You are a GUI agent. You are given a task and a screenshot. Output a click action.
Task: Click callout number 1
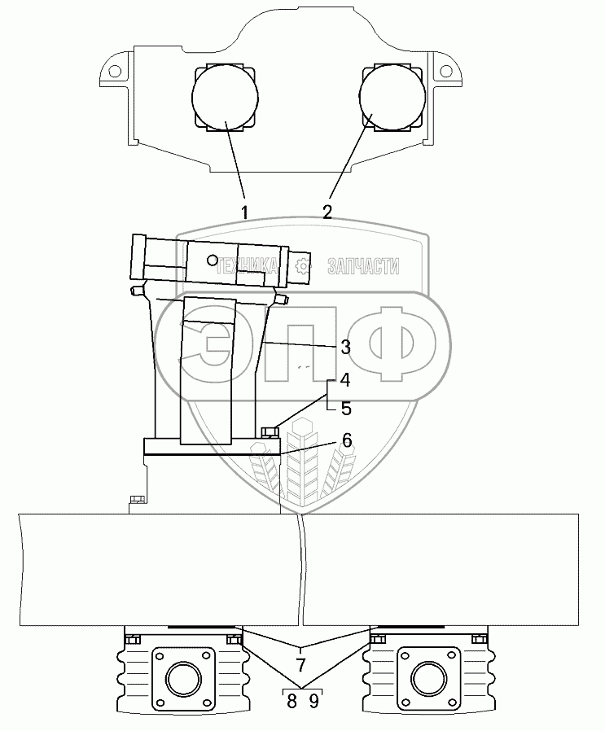click(243, 212)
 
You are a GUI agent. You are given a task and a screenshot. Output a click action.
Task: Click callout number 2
click(327, 212)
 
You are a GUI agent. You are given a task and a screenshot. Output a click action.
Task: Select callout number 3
click(345, 347)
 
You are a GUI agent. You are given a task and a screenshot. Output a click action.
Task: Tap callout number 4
click(345, 379)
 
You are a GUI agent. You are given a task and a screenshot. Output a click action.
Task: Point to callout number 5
click(345, 408)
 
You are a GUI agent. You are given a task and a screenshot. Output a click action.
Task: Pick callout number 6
click(346, 440)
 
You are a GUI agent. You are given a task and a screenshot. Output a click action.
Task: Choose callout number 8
click(292, 700)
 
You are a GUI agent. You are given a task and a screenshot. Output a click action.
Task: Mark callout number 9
click(313, 700)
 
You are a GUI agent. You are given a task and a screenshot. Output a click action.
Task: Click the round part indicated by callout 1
click(225, 97)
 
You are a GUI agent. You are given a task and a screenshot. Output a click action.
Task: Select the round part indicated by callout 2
click(393, 97)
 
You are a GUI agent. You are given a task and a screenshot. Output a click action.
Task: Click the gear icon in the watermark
click(303, 265)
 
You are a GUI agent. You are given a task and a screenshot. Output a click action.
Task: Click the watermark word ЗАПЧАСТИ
click(362, 265)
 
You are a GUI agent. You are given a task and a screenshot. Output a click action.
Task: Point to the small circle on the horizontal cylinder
click(213, 260)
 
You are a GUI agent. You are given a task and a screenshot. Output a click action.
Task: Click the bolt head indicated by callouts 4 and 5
click(270, 431)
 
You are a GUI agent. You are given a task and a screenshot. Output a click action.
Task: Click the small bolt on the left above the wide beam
click(137, 499)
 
